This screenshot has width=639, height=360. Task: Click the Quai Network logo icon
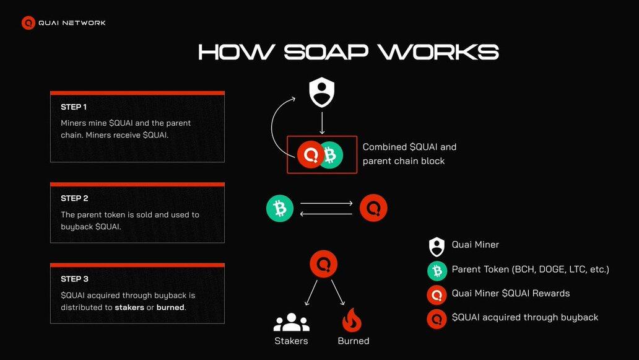[x=28, y=23]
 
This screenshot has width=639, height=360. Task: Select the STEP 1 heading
[x=74, y=107]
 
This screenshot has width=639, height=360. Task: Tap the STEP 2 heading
[x=74, y=198]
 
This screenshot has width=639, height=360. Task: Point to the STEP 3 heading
[x=74, y=279]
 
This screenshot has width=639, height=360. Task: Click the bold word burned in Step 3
[x=170, y=307]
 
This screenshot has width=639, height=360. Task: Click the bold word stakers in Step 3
[x=129, y=307]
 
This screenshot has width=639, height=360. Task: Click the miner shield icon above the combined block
[x=322, y=92]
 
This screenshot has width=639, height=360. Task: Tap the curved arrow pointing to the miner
[x=275, y=124]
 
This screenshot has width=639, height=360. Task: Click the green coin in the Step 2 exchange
[x=280, y=209]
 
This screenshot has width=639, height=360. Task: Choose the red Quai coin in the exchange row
[x=373, y=208]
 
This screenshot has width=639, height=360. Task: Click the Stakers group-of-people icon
[x=291, y=322]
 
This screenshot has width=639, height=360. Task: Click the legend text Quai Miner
[x=475, y=245]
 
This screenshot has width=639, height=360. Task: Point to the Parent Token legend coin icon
[x=437, y=270]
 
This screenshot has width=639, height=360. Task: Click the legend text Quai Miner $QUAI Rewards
[x=510, y=293]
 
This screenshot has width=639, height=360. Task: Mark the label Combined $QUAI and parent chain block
[x=409, y=154]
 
